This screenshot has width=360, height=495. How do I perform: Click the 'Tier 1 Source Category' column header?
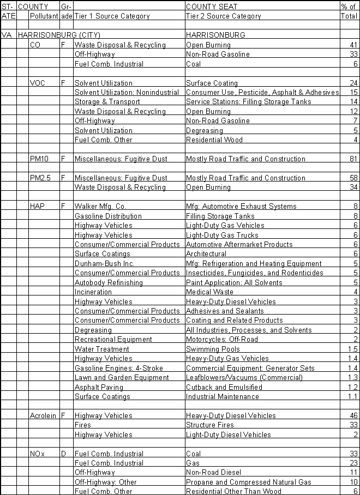pyautogui.click(x=112, y=16)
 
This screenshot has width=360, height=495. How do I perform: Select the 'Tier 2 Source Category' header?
pyautogui.click(x=223, y=16)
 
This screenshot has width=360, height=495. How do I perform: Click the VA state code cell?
pyautogui.click(x=7, y=35)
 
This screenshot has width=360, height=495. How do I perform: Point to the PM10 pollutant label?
pyautogui.click(x=40, y=159)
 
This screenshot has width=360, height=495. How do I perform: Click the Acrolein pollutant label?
pyautogui.click(x=43, y=415)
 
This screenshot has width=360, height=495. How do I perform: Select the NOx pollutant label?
pyautogui.click(x=38, y=454)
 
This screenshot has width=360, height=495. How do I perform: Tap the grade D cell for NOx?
pyautogui.click(x=63, y=454)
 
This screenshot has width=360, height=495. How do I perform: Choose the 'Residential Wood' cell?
pyautogui.click(x=214, y=140)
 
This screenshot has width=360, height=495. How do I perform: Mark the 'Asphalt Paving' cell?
pyautogui.click(x=99, y=387)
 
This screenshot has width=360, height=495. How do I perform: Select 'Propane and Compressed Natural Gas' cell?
pyautogui.click(x=248, y=482)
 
